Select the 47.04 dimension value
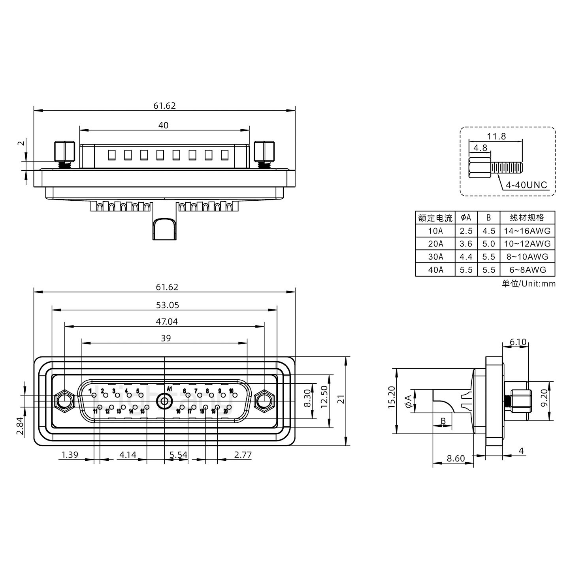click(x=167, y=322)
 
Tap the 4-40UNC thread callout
click(x=526, y=185)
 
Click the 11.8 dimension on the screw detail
click(x=496, y=136)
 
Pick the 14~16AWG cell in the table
click(x=527, y=231)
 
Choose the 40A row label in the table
click(x=435, y=270)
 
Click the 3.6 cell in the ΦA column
click(x=466, y=244)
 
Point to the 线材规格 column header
click(x=527, y=218)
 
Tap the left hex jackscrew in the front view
click(x=64, y=401)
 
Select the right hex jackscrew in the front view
click(x=264, y=401)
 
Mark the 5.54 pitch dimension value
click(x=178, y=455)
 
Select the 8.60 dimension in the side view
click(x=456, y=458)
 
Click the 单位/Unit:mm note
click(x=528, y=284)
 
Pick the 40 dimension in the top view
click(x=163, y=125)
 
